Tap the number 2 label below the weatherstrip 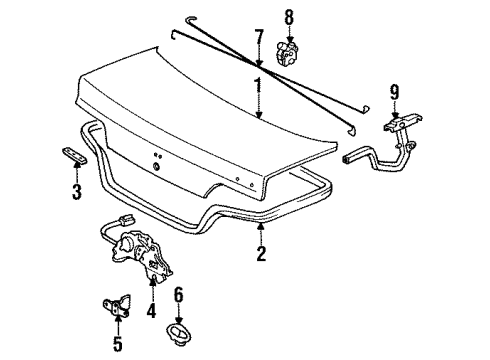[260, 254]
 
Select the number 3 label [76, 192]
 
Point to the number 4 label [152, 311]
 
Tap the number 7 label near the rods [257, 41]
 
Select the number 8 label [289, 17]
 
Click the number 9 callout [394, 94]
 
